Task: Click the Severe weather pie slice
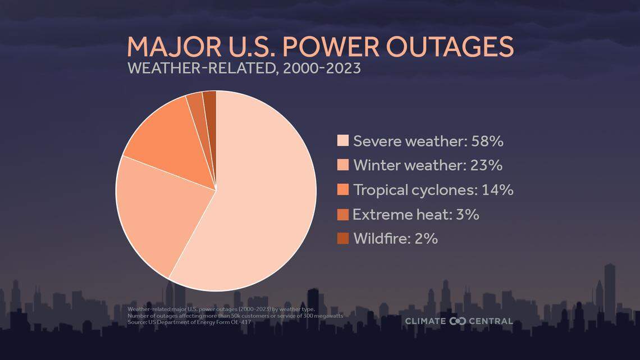264,202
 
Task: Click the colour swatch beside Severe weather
342,140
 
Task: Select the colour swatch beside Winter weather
342,165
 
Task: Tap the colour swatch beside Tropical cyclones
342,189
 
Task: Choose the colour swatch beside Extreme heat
342,214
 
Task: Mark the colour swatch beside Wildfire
342,238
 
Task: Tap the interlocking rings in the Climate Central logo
458,321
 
